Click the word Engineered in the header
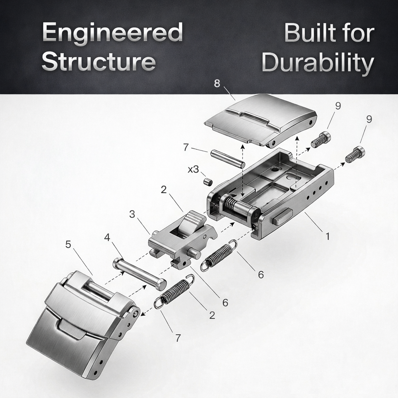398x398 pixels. [x=112, y=33]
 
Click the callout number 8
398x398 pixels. [x=217, y=83]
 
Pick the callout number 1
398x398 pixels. [x=327, y=236]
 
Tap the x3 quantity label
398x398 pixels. [x=193, y=169]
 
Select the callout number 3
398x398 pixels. [x=132, y=214]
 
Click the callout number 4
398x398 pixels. [x=108, y=237]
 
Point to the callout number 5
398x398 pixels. [x=68, y=245]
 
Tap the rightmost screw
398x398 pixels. [x=355, y=154]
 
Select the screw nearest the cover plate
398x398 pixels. [x=321, y=140]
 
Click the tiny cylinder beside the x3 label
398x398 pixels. [x=208, y=182]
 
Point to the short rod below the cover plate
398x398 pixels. [x=227, y=159]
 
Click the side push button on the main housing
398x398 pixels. [x=282, y=216]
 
